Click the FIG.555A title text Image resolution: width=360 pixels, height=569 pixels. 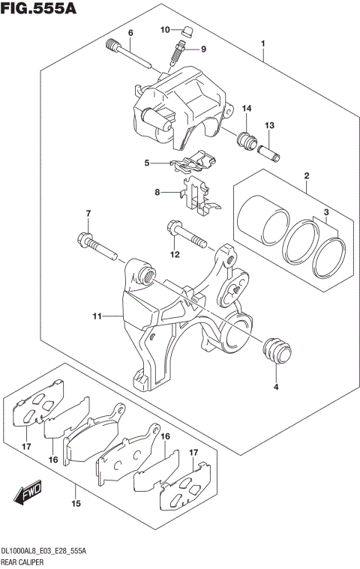tap(37, 10)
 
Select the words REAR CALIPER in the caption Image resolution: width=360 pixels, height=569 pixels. tap(28, 561)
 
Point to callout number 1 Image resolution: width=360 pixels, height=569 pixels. tap(263, 43)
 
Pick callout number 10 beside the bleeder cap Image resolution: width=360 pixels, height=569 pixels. tap(165, 29)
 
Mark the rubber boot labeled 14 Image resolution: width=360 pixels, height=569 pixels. tap(247, 139)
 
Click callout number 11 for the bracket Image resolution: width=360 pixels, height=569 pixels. tap(97, 317)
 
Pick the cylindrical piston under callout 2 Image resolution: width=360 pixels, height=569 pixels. tap(261, 218)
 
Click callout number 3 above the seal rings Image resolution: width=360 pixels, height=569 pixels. tap(326, 214)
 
